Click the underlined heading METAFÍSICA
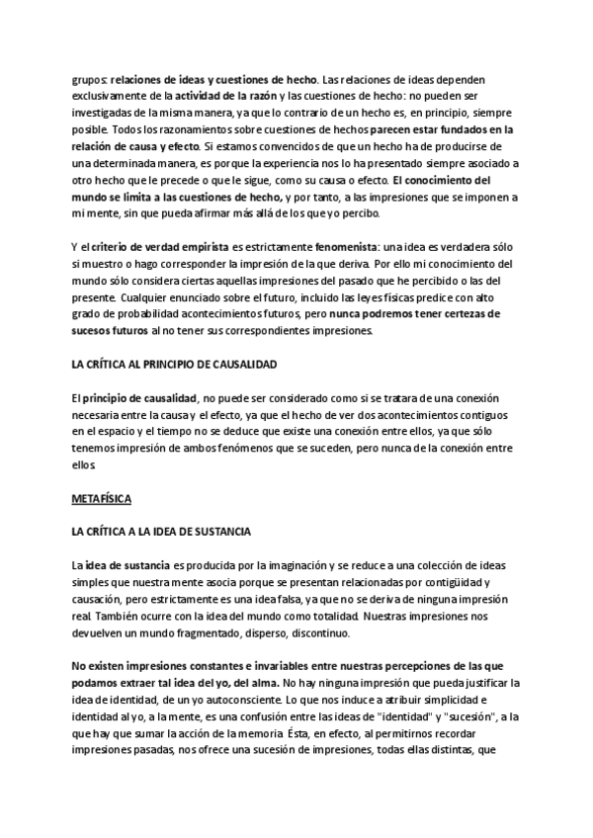click(102, 498)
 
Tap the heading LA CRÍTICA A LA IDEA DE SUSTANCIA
click(162, 531)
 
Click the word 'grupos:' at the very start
click(89, 79)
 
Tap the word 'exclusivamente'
click(113, 96)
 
